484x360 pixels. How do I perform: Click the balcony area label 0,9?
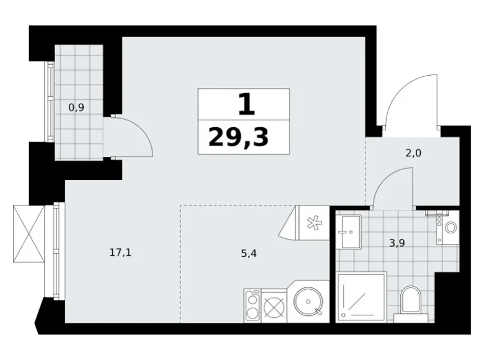tap(76, 106)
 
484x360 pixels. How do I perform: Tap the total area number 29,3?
tap(239, 136)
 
